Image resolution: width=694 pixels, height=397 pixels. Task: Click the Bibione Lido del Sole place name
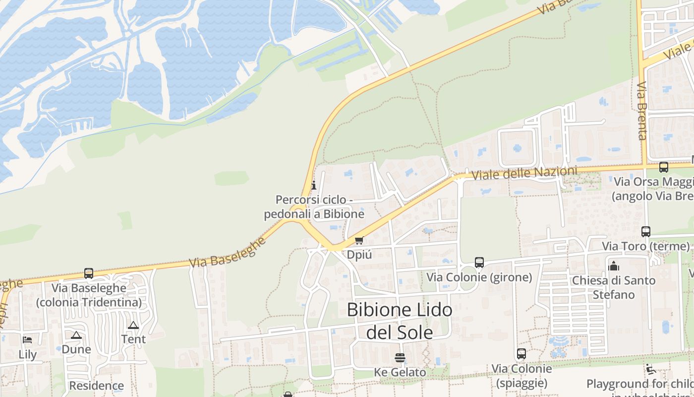tap(400, 321)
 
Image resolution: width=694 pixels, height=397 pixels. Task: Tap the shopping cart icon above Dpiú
tap(359, 241)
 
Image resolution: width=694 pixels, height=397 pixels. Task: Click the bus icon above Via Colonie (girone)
tap(479, 262)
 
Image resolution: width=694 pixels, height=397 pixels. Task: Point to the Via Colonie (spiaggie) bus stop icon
tap(521, 354)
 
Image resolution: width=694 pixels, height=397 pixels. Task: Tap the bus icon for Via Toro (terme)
tap(645, 231)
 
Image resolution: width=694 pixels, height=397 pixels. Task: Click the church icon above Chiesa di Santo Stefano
tap(614, 266)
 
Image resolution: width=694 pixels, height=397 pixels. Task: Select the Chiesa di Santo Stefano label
tap(614, 287)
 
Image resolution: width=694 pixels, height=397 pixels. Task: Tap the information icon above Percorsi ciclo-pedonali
tap(313, 186)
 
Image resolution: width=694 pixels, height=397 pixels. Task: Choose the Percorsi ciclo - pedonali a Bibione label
tap(314, 207)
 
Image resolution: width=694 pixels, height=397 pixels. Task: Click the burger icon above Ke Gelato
tap(400, 358)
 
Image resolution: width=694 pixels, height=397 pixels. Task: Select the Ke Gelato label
tap(400, 372)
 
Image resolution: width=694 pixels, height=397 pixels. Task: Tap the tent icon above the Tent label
tap(133, 326)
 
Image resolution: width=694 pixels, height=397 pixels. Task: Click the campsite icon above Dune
tap(76, 335)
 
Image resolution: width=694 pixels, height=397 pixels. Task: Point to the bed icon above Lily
tap(27, 340)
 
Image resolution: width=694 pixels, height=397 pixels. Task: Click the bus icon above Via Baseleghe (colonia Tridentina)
tap(89, 273)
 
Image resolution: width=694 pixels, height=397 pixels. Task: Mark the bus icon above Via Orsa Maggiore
tap(663, 167)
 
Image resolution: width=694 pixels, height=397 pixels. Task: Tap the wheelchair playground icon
tap(651, 369)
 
